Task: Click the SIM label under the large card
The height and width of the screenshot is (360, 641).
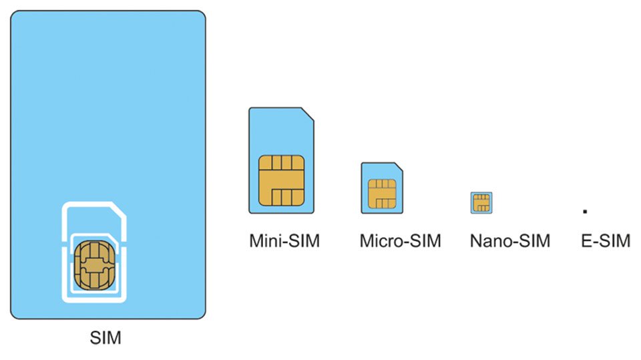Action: point(105,338)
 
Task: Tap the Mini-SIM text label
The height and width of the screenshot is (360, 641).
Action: point(285,240)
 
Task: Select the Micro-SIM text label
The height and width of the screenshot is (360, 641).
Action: point(400,240)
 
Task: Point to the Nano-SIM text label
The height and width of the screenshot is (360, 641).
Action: point(509,240)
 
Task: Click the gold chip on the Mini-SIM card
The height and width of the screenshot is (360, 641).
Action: point(282,180)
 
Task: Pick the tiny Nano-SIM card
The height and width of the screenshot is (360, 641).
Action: point(481,202)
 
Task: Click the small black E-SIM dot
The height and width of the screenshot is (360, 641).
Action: point(584,211)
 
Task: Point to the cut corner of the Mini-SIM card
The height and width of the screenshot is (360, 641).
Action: point(308,114)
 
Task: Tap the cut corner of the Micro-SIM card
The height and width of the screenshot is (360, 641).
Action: point(399,166)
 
